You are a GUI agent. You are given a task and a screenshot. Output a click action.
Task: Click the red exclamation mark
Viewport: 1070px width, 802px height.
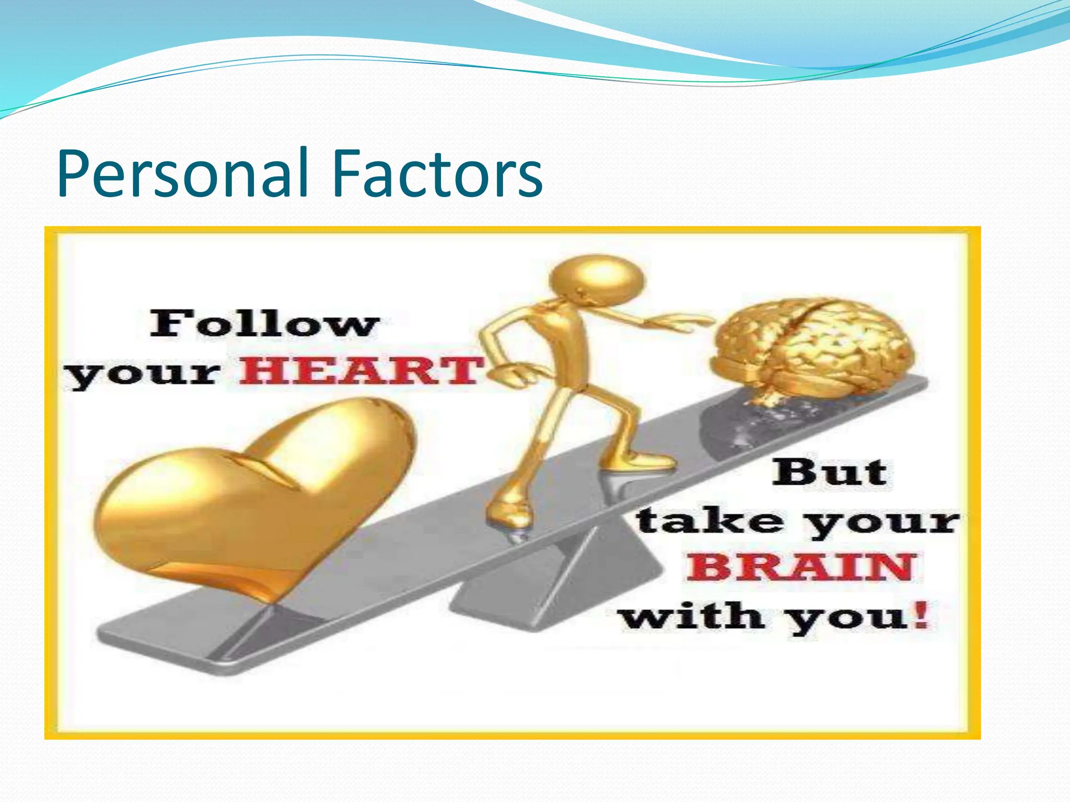coord(922,615)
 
